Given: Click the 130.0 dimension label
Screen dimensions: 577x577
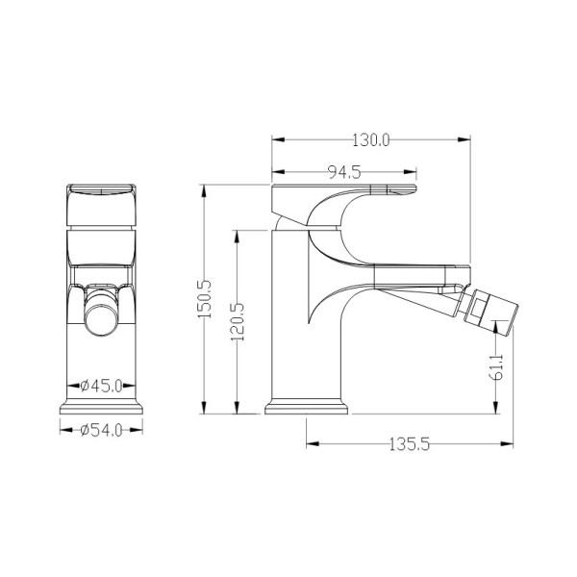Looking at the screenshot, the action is point(370,140).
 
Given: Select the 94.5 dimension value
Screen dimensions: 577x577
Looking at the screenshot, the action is point(344,172).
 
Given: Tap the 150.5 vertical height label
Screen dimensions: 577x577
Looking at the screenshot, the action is point(204,299).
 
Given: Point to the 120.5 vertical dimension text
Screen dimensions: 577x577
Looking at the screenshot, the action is point(238,321).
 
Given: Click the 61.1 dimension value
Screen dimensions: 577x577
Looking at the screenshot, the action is point(497,367).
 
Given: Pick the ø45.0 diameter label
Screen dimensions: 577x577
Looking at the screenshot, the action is point(101,386).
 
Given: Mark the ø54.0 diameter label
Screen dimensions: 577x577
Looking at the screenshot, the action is point(101,430).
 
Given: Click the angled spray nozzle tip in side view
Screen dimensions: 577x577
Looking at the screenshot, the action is point(491,313).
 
